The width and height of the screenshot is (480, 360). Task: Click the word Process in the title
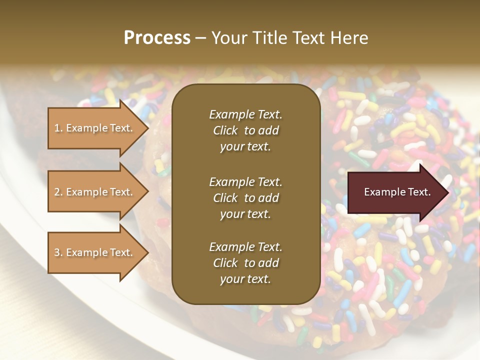(157, 38)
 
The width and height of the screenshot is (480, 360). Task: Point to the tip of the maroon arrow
(447, 192)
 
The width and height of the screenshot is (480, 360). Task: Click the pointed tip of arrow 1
(147, 128)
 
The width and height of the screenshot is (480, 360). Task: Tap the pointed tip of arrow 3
(147, 252)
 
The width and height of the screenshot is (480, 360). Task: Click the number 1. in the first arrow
(58, 128)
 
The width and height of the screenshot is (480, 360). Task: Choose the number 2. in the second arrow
(58, 192)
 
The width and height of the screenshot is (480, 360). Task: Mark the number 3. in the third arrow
(58, 252)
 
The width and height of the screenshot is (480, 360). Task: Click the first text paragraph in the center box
(245, 130)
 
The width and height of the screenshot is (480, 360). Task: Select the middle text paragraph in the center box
(245, 197)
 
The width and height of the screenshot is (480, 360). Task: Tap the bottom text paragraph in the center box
(245, 263)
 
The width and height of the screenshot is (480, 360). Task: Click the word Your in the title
(225, 38)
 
